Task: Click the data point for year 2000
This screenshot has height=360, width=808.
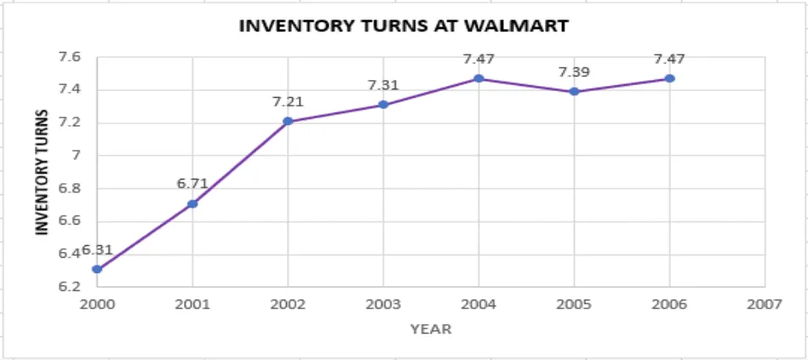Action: [x=97, y=269]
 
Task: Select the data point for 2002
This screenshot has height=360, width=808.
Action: [x=288, y=122]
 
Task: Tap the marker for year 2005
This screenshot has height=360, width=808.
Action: [x=575, y=91]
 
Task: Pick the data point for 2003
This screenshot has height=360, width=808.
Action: [x=383, y=105]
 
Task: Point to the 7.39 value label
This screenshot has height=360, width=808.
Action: [x=575, y=72]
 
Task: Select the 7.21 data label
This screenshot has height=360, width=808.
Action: [x=288, y=101]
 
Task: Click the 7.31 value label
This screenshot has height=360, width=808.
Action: [x=383, y=85]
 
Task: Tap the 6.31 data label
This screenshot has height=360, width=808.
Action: [x=97, y=250]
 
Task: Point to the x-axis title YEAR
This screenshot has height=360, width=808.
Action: [x=431, y=329]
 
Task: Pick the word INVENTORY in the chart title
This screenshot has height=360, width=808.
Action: [x=284, y=26]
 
